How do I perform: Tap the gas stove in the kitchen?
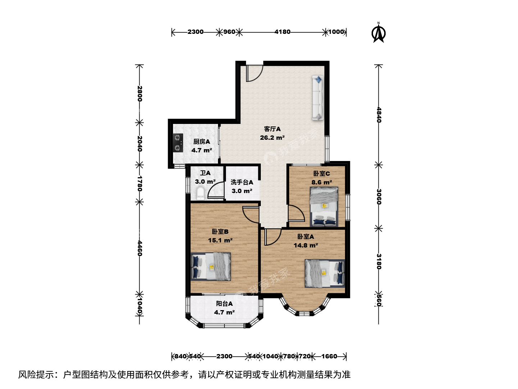(x=178, y=143)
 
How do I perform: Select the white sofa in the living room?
(x=318, y=98)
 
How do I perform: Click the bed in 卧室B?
(x=210, y=267)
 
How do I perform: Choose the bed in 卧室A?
(x=325, y=273)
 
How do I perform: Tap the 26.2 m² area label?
(x=272, y=138)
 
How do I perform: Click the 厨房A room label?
(x=201, y=142)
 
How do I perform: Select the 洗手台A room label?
(x=242, y=182)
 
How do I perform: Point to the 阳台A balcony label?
(x=224, y=304)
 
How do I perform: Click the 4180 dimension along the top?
(x=282, y=32)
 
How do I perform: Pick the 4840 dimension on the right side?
(x=378, y=115)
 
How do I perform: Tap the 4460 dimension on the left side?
(x=140, y=248)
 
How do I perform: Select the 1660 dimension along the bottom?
(x=329, y=356)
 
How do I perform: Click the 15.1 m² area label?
(x=220, y=241)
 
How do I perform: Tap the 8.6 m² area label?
(x=322, y=182)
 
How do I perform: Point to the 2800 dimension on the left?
(x=140, y=94)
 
